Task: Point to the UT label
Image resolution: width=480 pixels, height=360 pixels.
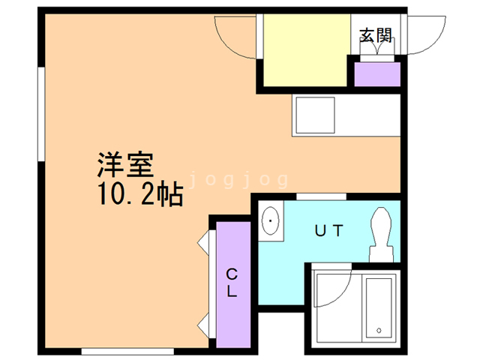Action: click(327, 231)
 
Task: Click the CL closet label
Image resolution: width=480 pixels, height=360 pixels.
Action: click(232, 283)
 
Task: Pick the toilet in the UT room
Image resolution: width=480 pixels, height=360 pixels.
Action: click(380, 232)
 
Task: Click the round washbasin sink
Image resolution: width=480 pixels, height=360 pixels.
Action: click(271, 221)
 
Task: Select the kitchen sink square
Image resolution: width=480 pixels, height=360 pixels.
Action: click(314, 115)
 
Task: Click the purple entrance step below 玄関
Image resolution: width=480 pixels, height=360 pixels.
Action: click(376, 74)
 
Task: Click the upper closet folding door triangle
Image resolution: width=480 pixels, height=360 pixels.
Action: click(204, 244)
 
